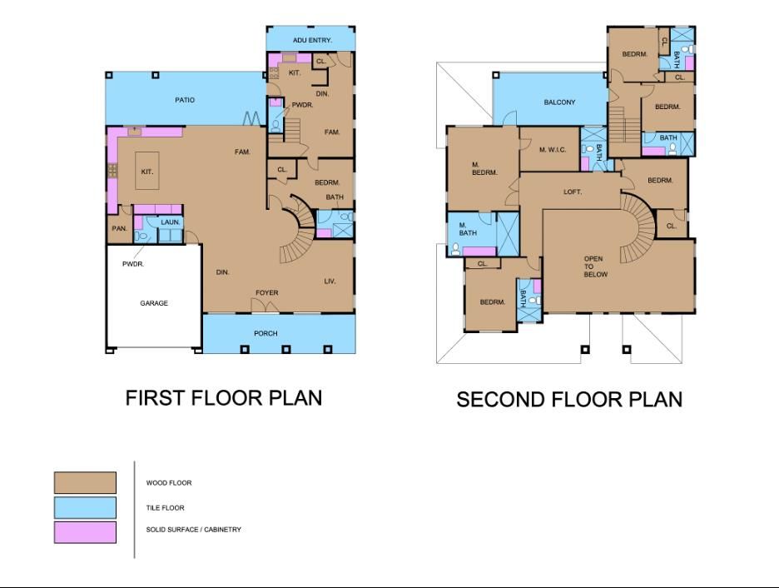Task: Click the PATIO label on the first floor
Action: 185,100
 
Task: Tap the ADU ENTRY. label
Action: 312,40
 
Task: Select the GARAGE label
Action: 153,303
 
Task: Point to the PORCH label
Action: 265,333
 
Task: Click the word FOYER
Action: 266,292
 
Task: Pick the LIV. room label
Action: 330,282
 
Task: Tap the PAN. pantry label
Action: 118,229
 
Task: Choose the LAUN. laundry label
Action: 170,222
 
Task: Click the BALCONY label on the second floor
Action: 559,102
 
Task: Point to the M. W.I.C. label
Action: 553,150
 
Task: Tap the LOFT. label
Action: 573,192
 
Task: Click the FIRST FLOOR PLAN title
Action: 223,398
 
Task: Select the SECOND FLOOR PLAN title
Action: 569,400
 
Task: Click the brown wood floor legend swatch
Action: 85,483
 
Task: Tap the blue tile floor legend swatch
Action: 85,508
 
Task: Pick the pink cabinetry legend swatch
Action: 85,532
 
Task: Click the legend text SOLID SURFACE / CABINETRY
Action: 193,530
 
